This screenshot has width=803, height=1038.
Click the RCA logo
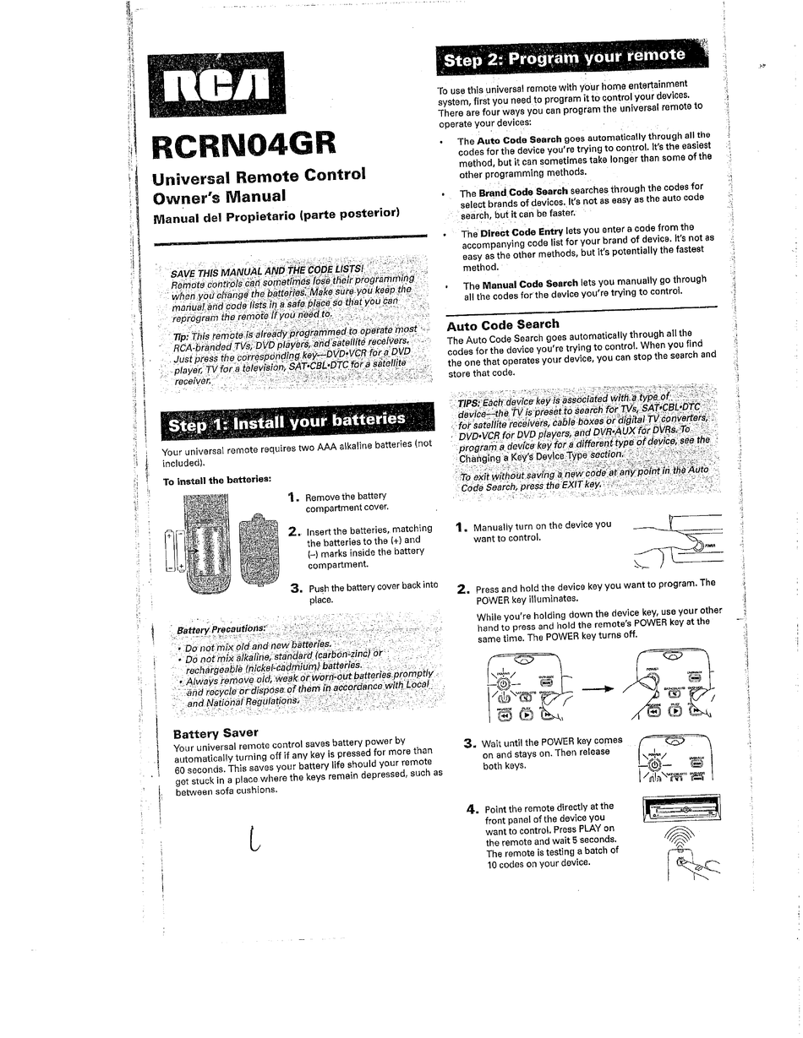[x=216, y=84]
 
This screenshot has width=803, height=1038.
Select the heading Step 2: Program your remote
[x=565, y=58]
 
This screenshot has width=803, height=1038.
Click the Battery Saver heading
[x=216, y=732]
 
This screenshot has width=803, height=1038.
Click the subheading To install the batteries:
[x=216, y=481]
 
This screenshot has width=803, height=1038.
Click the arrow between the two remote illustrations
[x=597, y=688]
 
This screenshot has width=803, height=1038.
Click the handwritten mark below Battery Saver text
[x=254, y=840]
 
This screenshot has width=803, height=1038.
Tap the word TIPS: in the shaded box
[x=473, y=404]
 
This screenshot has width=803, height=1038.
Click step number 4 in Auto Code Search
[x=473, y=810]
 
